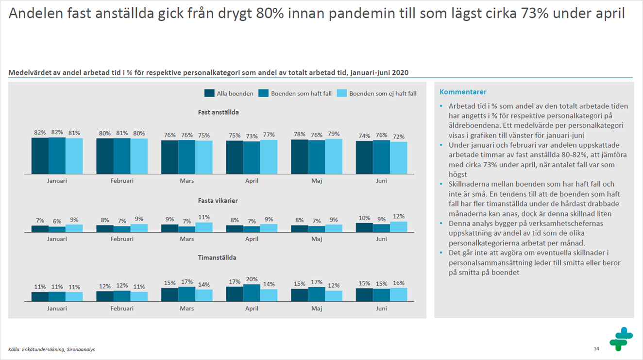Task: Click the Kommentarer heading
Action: click(x=463, y=92)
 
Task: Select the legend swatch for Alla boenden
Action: click(x=209, y=93)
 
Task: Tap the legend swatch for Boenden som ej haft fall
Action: click(x=342, y=93)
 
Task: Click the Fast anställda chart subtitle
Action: click(x=218, y=112)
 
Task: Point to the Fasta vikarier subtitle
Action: click(x=218, y=200)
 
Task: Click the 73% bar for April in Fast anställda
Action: click(x=252, y=158)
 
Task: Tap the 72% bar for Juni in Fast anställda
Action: click(x=399, y=158)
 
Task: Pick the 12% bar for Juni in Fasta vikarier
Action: click(x=399, y=227)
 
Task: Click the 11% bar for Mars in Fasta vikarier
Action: click(x=204, y=227)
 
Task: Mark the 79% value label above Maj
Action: click(x=333, y=134)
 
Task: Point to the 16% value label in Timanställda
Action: click(x=399, y=283)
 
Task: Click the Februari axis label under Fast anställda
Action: click(x=122, y=181)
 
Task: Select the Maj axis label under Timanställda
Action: click(x=317, y=308)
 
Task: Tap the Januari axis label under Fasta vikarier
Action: click(x=57, y=239)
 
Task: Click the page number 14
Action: click(x=596, y=348)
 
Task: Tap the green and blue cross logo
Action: click(x=621, y=339)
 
